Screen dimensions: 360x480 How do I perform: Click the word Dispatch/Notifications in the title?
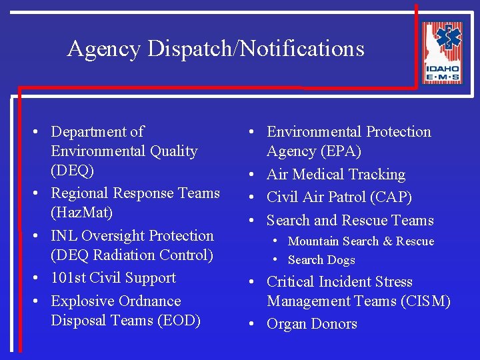pos(256,49)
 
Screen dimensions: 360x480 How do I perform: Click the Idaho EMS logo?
pos(442,53)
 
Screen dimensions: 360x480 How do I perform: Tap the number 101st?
pos(68,278)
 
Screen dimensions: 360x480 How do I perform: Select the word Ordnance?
pos(149,301)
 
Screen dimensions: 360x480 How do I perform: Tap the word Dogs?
pos(341,260)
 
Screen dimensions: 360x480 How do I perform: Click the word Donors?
pos(332,324)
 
